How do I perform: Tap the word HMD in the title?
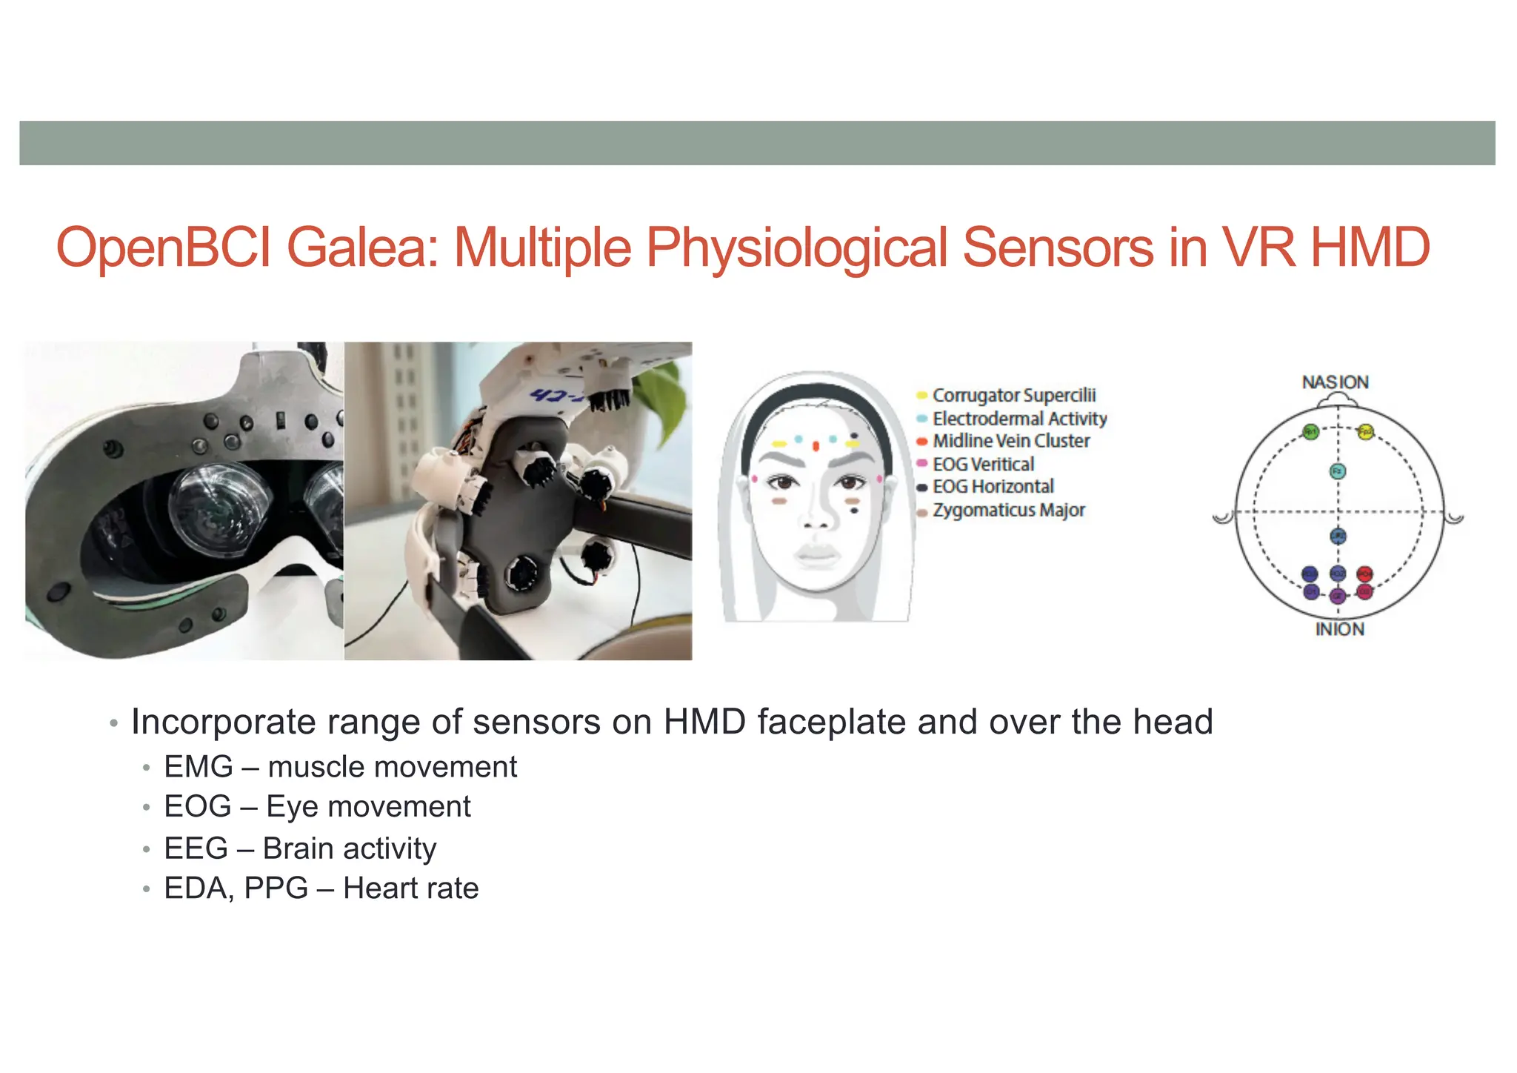pyautogui.click(x=1370, y=248)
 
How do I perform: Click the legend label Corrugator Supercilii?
pyautogui.click(x=1013, y=396)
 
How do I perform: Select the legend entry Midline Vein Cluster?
pyautogui.click(x=1010, y=442)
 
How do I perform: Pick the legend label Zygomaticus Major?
pyautogui.click(x=1008, y=511)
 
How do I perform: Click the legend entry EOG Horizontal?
pyautogui.click(x=993, y=487)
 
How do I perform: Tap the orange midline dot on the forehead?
pyautogui.click(x=816, y=446)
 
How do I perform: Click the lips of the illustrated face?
pyautogui.click(x=815, y=554)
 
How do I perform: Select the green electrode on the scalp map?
pyautogui.click(x=1310, y=432)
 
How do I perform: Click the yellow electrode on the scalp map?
pyautogui.click(x=1366, y=432)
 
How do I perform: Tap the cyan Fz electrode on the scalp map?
pyautogui.click(x=1338, y=471)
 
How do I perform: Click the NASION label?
pyautogui.click(x=1335, y=382)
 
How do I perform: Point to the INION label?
pyautogui.click(x=1339, y=630)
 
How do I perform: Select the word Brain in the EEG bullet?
pyautogui.click(x=298, y=848)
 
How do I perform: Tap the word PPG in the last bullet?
pyautogui.click(x=276, y=888)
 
